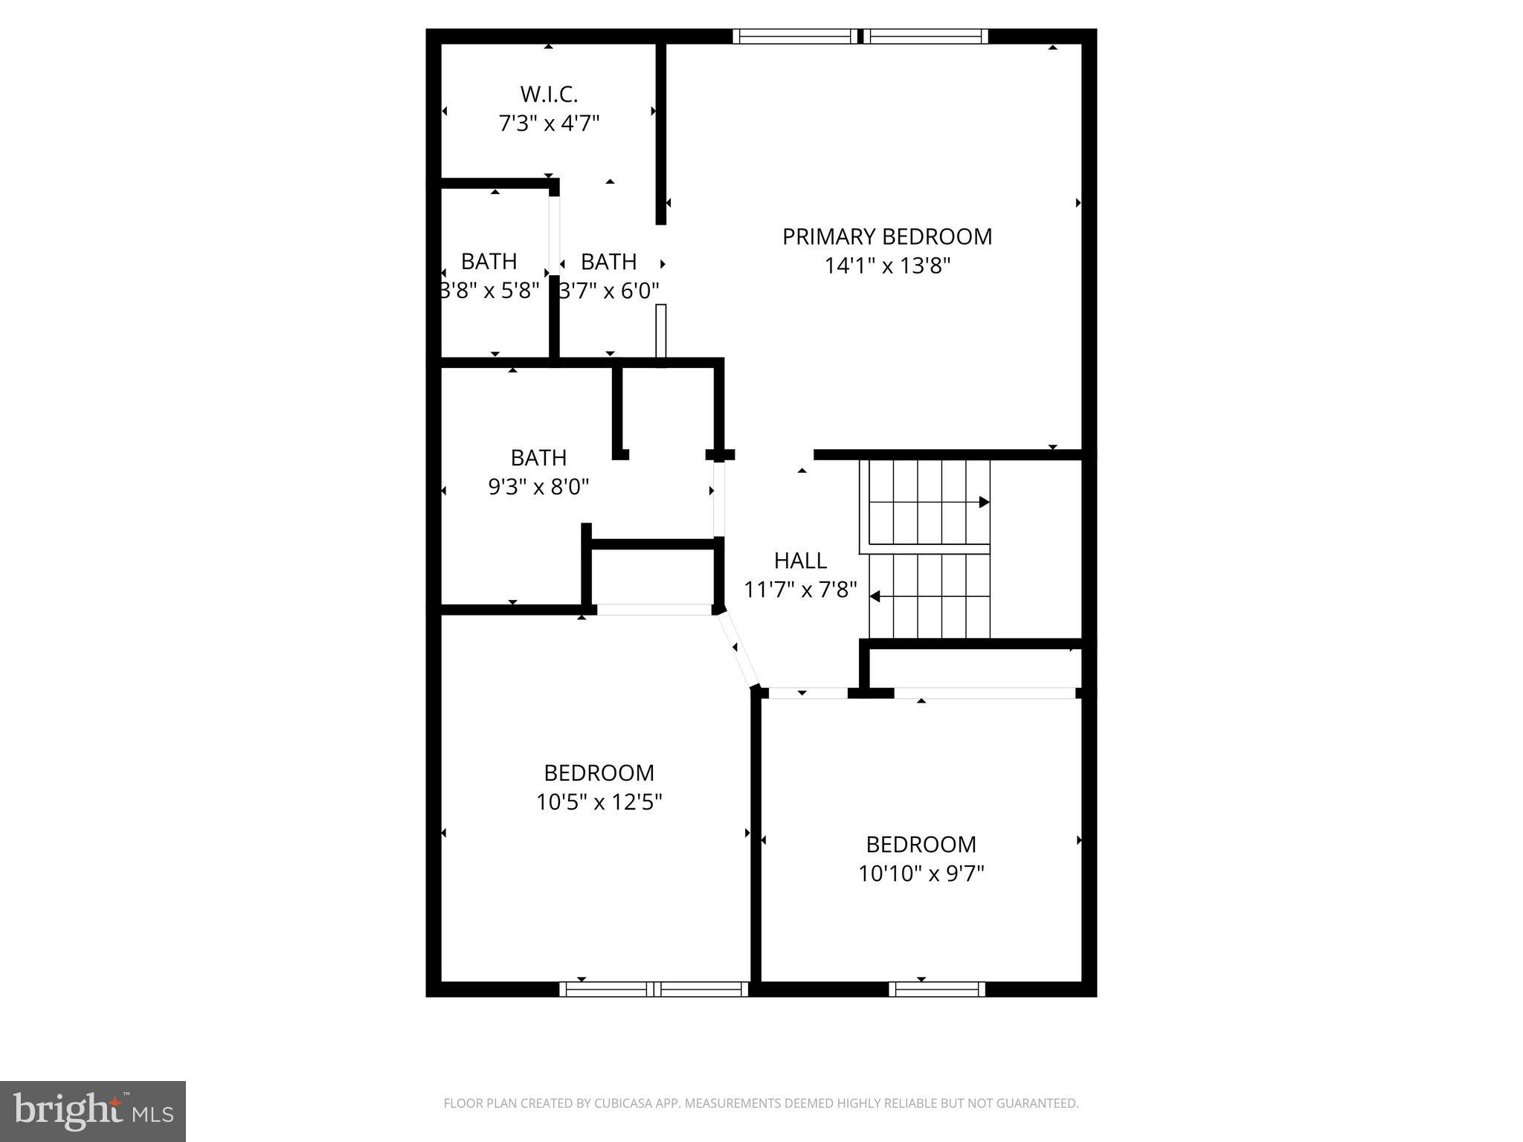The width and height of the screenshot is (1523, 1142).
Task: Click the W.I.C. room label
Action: [549, 94]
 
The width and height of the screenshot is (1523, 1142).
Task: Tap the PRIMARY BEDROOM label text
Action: [886, 236]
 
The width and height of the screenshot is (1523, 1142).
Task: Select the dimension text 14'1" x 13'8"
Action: [887, 265]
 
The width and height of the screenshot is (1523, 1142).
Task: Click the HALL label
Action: [800, 560]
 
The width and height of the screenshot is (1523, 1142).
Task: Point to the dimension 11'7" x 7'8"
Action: [800, 590]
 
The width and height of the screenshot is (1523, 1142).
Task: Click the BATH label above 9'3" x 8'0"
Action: [538, 457]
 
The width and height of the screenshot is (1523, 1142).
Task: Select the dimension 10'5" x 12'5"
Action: [599, 802]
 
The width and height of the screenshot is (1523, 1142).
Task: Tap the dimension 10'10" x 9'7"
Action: [921, 873]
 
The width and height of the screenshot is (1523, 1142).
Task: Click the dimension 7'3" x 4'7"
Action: [549, 123]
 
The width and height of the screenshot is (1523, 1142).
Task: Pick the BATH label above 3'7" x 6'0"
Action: [608, 262]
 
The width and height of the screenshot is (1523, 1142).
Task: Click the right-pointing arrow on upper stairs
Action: [983, 502]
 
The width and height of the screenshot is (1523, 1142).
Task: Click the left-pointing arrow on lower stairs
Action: [875, 596]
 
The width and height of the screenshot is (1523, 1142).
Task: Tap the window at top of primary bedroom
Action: [860, 36]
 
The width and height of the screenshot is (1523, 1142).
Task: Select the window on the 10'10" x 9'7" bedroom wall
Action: [936, 989]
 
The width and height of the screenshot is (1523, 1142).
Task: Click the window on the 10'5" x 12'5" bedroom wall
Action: [654, 989]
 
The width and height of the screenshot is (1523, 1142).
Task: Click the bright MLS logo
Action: [93, 1111]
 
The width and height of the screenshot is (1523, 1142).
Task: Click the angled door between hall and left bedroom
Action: [738, 648]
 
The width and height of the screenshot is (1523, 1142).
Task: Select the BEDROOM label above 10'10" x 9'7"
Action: [921, 844]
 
